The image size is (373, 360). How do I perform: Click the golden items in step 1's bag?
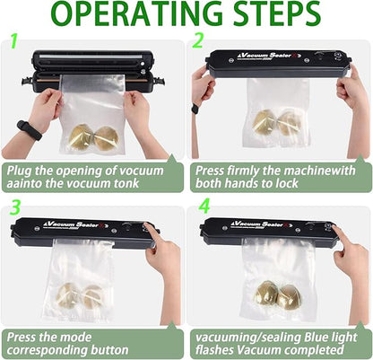(x=93, y=137)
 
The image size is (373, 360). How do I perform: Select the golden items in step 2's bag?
(x=276, y=122)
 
